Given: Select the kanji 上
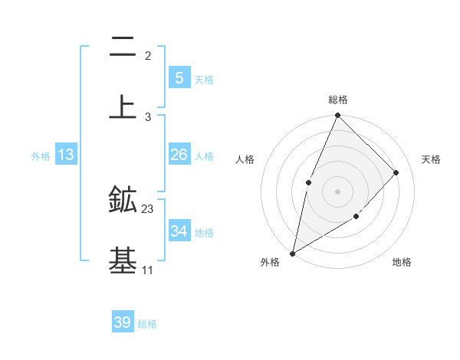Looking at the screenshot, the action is [x=123, y=106].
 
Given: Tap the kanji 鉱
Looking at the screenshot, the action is [x=123, y=200].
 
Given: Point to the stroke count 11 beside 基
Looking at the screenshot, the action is [x=147, y=270].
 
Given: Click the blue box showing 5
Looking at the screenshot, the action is [x=179, y=77].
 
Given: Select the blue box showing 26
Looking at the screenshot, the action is [x=179, y=155].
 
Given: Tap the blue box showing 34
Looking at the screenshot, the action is [x=179, y=231].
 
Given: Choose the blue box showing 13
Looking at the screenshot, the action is [x=66, y=155].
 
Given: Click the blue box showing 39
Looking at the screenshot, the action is [x=123, y=322].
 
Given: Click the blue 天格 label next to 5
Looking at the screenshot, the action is [x=204, y=80].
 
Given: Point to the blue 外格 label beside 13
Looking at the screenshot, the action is [x=41, y=156].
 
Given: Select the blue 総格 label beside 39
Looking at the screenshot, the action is [x=147, y=324].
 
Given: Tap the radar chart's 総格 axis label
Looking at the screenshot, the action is [x=338, y=100].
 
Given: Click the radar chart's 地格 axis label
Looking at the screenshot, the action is [x=402, y=262].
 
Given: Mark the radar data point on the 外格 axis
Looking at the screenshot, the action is [x=292, y=254].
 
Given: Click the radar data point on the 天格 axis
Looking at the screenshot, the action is [x=396, y=172].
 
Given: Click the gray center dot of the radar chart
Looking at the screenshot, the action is [x=338, y=191].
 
